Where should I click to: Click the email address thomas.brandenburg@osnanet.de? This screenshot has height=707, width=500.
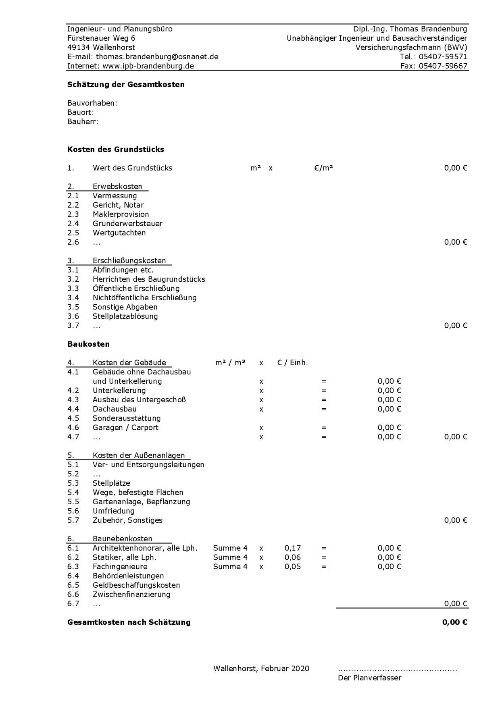(x=157, y=57)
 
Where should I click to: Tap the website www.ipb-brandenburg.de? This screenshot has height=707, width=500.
(x=148, y=66)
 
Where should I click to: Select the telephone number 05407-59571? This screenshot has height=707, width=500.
(x=443, y=57)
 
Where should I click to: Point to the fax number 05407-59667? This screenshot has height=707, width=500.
(x=443, y=66)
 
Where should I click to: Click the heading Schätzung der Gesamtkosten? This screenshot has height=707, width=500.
(x=126, y=85)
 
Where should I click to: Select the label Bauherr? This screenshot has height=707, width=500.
(x=83, y=122)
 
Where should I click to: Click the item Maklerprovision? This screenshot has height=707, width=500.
(x=121, y=214)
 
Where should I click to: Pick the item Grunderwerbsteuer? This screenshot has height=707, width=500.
(x=127, y=224)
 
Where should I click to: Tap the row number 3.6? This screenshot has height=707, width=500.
(x=73, y=316)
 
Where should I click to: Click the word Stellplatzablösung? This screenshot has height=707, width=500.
(x=125, y=316)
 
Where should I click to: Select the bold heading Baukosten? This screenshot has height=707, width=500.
(x=88, y=344)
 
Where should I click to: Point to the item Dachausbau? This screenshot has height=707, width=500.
(x=114, y=409)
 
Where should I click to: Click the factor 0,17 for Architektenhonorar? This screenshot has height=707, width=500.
(x=293, y=548)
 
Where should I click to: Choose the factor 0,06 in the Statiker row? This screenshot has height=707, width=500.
(x=293, y=557)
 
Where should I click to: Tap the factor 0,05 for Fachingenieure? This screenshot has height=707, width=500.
(x=293, y=567)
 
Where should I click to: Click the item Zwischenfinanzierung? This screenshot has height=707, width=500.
(x=131, y=595)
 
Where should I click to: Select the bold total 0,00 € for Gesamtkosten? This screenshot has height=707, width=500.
(x=455, y=622)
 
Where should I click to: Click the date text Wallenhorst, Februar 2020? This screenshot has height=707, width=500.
(x=261, y=669)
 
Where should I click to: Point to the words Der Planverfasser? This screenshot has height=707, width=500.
(x=369, y=678)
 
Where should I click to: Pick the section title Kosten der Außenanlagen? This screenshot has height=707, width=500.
(x=139, y=455)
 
